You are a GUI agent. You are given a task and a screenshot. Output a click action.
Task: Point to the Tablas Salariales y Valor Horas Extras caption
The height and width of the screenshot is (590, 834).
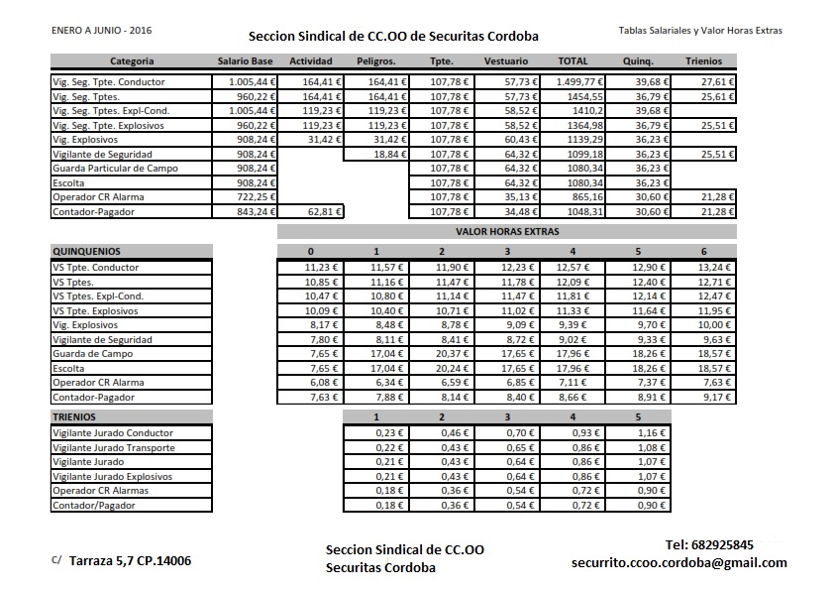pyautogui.click(x=699, y=31)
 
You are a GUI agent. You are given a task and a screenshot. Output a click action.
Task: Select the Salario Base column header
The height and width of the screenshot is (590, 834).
pyautogui.click(x=245, y=61)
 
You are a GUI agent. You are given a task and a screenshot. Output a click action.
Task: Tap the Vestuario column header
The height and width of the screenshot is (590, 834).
pyautogui.click(x=505, y=61)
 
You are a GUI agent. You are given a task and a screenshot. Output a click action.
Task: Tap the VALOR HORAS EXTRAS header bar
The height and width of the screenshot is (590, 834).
pyautogui.click(x=507, y=232)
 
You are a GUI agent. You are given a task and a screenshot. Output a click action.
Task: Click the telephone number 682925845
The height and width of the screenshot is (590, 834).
pyautogui.click(x=709, y=544)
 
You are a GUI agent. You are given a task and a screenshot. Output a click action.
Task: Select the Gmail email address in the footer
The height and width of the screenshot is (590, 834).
pyautogui.click(x=678, y=562)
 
